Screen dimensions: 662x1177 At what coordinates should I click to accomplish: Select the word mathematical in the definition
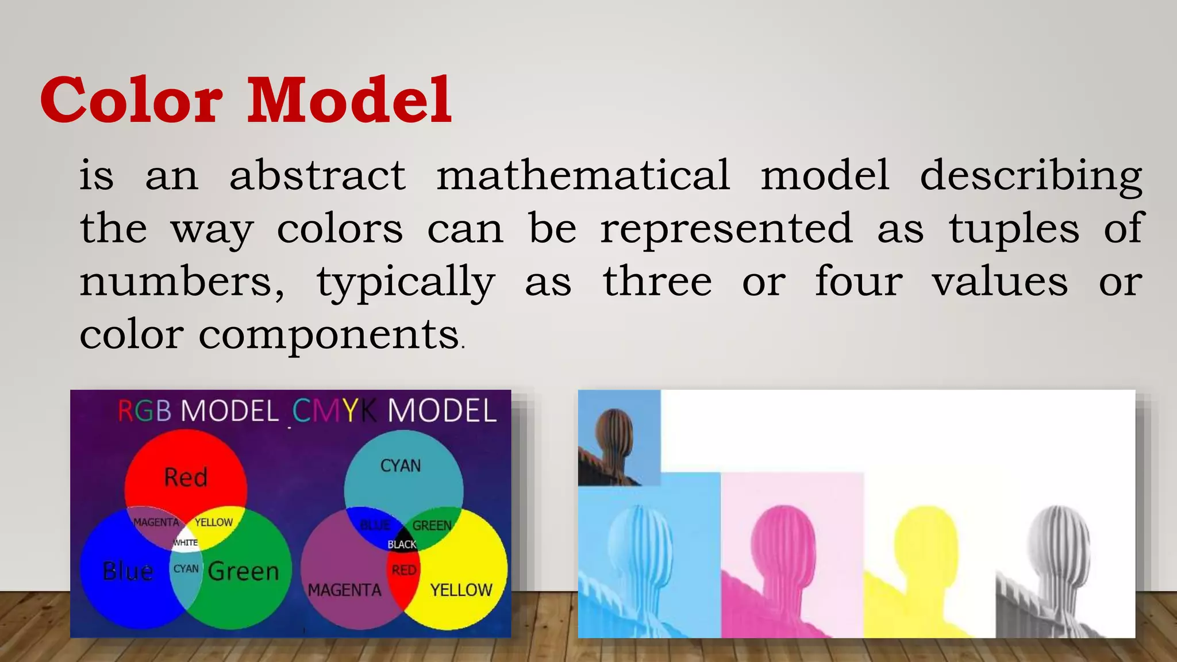pyautogui.click(x=583, y=175)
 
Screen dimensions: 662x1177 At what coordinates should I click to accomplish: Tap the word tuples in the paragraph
pyautogui.click(x=1014, y=229)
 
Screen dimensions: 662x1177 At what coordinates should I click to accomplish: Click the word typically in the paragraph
pyautogui.click(x=405, y=282)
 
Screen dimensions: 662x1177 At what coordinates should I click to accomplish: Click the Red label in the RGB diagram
pyautogui.click(x=185, y=478)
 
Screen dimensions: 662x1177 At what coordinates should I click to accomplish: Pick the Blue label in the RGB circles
pyautogui.click(x=128, y=571)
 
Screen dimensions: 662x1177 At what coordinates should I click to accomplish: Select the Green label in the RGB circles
pyautogui.click(x=243, y=571)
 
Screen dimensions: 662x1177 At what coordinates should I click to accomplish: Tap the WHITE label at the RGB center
pyautogui.click(x=185, y=542)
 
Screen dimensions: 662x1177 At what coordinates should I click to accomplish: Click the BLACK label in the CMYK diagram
pyautogui.click(x=402, y=544)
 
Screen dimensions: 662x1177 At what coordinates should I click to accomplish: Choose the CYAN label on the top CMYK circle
pyautogui.click(x=401, y=465)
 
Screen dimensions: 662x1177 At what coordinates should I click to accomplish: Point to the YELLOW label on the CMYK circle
pyautogui.click(x=461, y=590)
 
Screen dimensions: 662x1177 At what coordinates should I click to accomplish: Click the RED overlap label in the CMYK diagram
pyautogui.click(x=403, y=570)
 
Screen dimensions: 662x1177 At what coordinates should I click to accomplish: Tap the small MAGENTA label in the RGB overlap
pyautogui.click(x=156, y=522)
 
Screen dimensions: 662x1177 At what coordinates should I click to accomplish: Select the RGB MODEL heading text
pyautogui.click(x=198, y=411)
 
